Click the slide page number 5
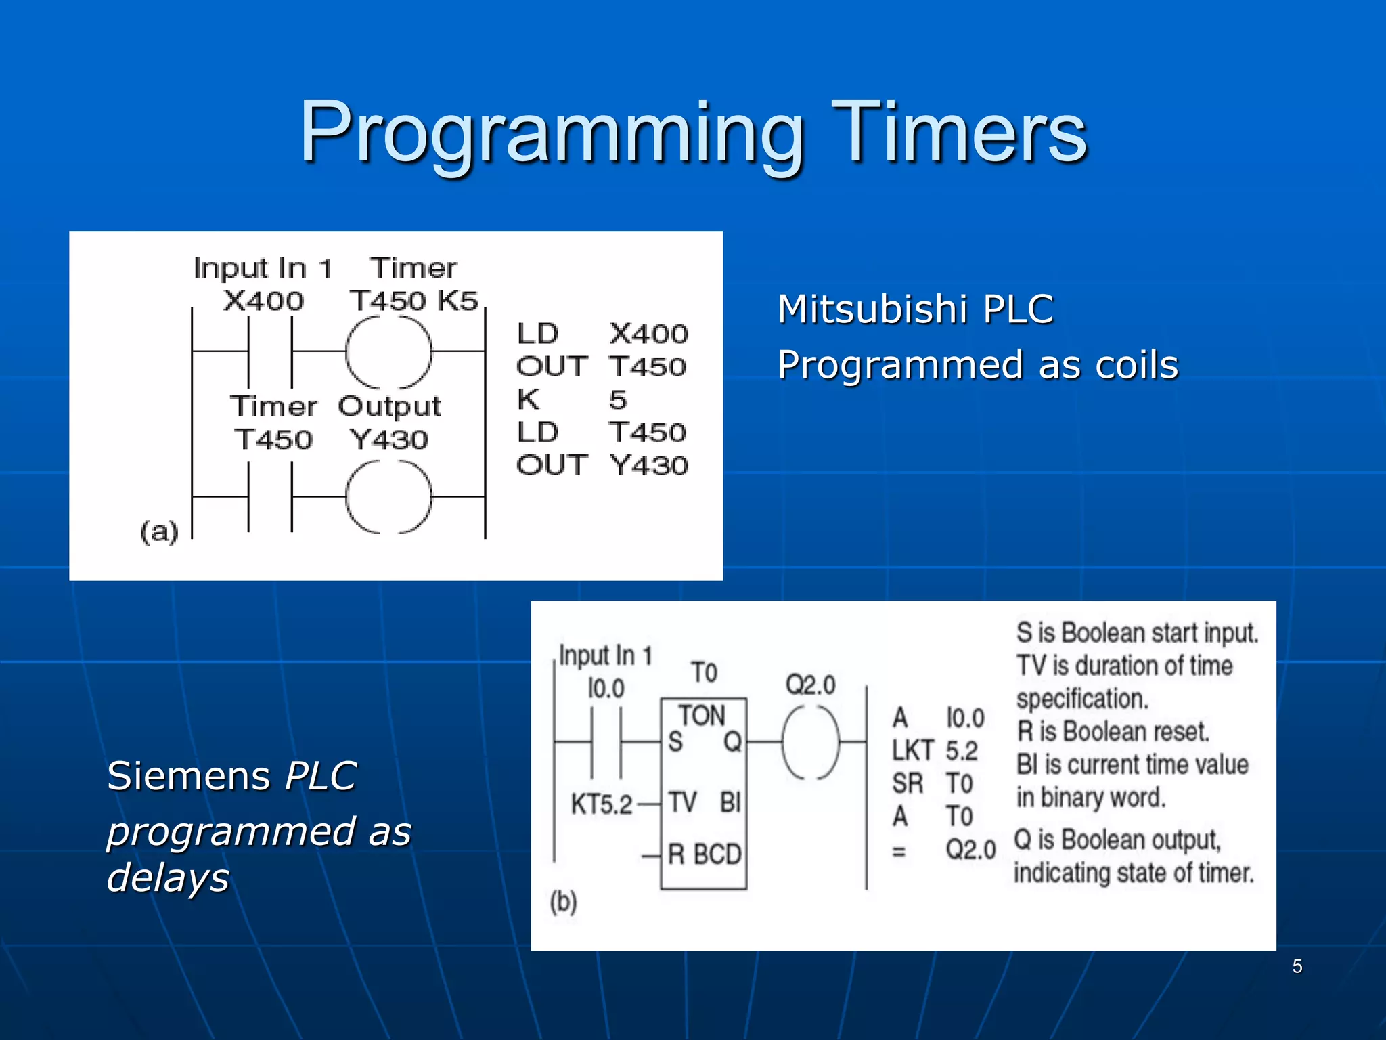(x=1297, y=966)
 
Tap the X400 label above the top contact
(x=263, y=301)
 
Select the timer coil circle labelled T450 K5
(x=388, y=352)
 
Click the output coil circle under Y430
(x=388, y=497)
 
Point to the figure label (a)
(x=159, y=532)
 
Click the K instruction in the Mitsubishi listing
(x=529, y=399)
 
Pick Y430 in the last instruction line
(x=648, y=465)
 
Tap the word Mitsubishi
(x=872, y=309)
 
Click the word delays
(x=169, y=877)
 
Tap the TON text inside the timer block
(x=702, y=716)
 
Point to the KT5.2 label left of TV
(x=601, y=804)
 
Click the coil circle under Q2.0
(x=810, y=742)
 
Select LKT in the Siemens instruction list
(x=912, y=750)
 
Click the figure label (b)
(x=563, y=902)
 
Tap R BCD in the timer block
(x=704, y=854)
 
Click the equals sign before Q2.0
(x=899, y=851)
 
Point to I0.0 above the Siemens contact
(x=606, y=689)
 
